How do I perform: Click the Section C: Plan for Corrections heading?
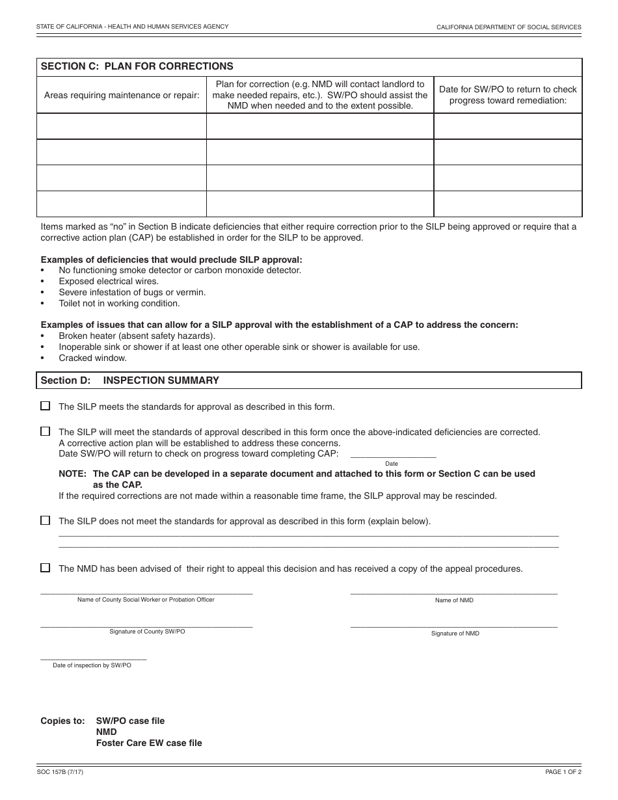[x=137, y=66]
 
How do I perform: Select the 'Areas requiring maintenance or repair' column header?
[x=122, y=95]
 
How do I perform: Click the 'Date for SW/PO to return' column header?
[x=508, y=95]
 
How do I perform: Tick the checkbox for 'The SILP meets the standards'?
[x=46, y=406]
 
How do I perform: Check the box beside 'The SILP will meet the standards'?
[x=46, y=431]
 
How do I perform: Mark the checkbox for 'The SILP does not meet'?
[x=46, y=520]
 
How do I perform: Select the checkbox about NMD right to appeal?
[x=46, y=568]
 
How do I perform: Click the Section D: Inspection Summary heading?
[x=130, y=380]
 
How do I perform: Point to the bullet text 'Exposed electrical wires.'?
[x=109, y=282]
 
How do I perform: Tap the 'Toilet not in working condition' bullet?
[x=119, y=303]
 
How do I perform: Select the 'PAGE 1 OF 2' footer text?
[x=563, y=771]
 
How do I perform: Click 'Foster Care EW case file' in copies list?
[x=149, y=743]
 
